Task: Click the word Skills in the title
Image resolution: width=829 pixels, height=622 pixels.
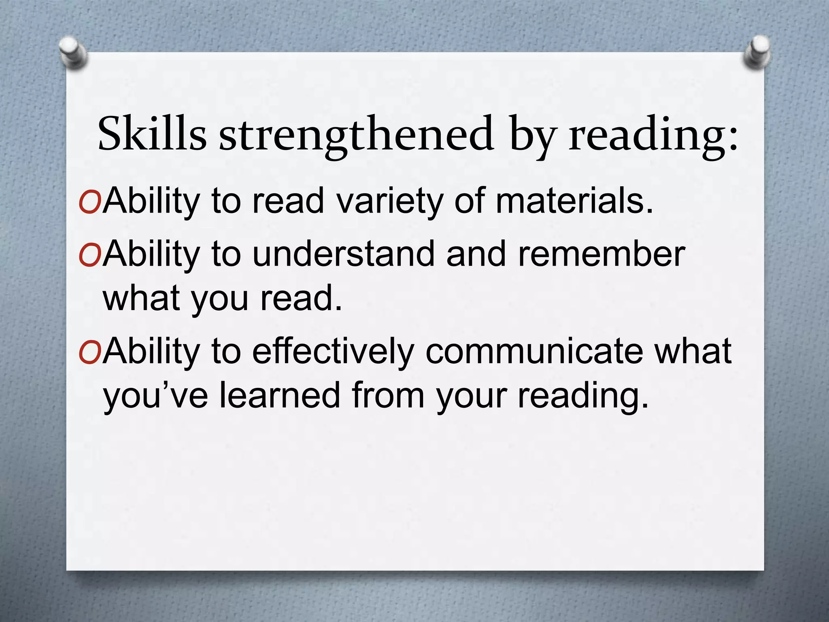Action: tap(152, 134)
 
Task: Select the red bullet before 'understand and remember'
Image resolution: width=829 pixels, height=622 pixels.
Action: tap(90, 255)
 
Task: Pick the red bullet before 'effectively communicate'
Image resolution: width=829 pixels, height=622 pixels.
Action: tap(90, 351)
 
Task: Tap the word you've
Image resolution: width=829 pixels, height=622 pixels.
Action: tap(156, 396)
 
